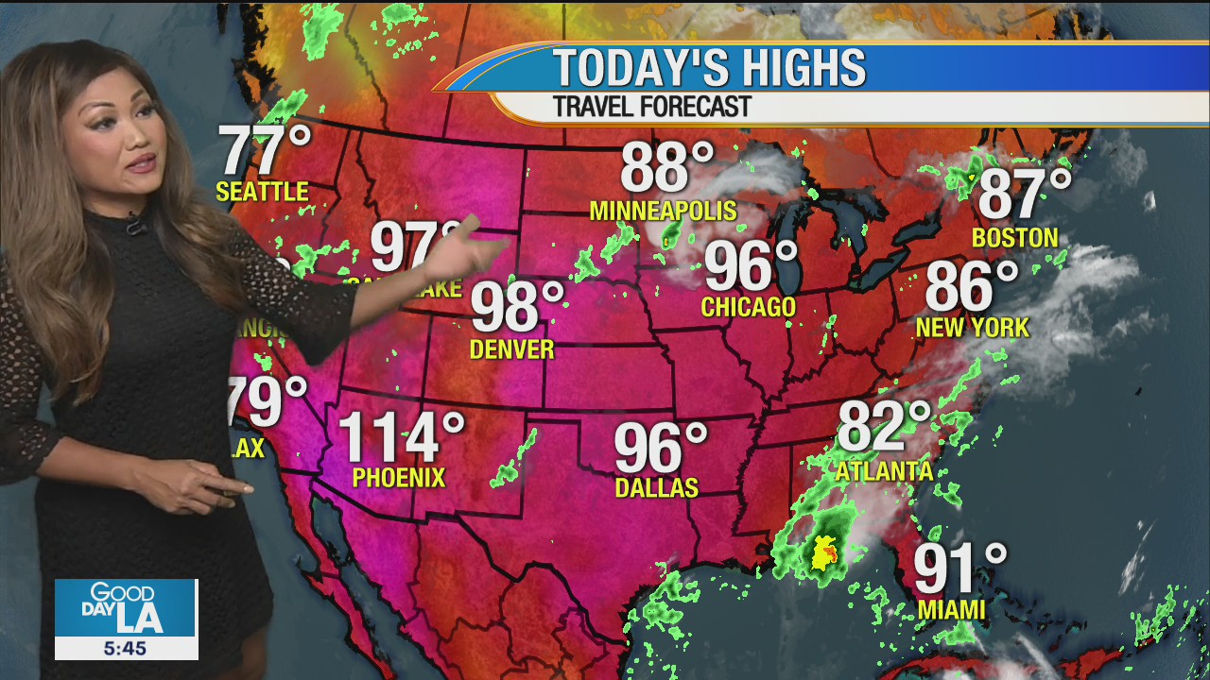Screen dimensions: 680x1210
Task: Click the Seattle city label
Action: [262, 192]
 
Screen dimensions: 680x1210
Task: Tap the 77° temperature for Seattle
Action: [265, 150]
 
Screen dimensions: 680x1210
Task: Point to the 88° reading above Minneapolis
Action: [666, 167]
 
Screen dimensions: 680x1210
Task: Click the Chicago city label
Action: [748, 307]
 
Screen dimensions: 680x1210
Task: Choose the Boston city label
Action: [1014, 237]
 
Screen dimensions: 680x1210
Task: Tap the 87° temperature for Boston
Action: [1024, 194]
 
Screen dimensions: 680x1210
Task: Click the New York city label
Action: [972, 328]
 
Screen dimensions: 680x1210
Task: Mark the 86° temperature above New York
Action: [971, 285]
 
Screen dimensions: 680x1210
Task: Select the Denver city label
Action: [511, 349]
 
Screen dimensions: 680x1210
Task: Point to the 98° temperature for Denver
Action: [516, 307]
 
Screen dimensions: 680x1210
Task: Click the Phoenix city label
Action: [398, 478]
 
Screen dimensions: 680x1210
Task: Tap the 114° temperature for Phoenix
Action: [401, 436]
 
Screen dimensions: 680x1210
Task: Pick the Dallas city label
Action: [656, 487]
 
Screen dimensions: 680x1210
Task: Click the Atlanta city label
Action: [885, 470]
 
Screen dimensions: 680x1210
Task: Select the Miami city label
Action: [951, 610]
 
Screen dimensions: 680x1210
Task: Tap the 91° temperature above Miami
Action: [959, 569]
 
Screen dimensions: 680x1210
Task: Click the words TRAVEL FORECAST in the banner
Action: [651, 107]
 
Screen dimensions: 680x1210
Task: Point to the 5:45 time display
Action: [126, 648]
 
